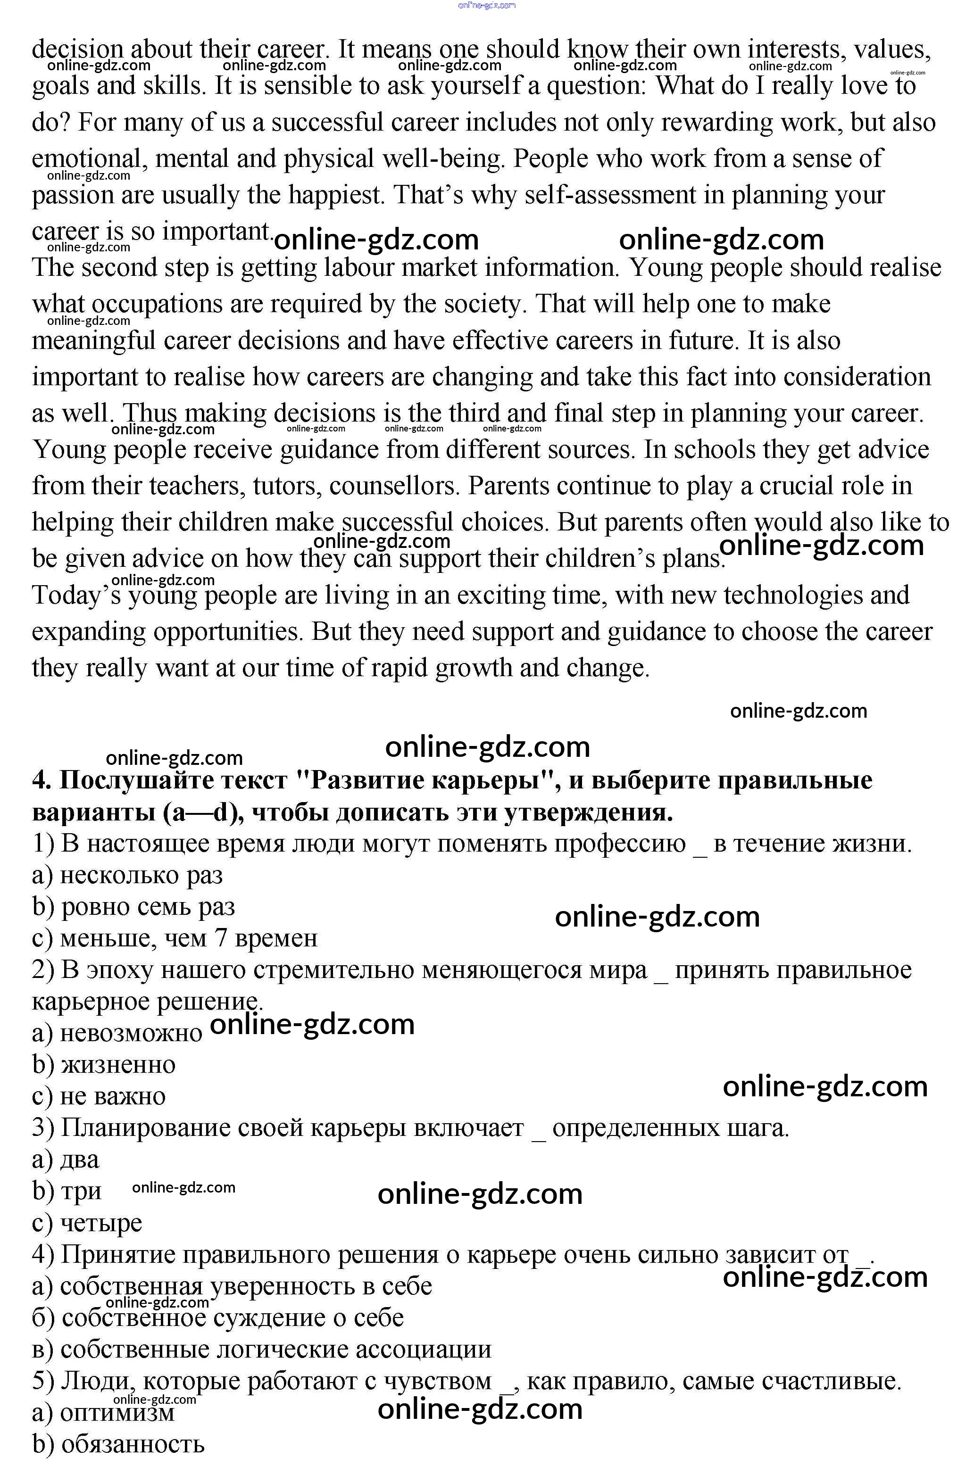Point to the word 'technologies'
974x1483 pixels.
(x=792, y=595)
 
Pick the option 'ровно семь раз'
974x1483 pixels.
(x=148, y=907)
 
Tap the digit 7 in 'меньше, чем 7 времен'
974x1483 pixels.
(x=221, y=938)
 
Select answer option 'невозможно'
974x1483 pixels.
(x=131, y=1033)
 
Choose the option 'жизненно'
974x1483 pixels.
(x=118, y=1064)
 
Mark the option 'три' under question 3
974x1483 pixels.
(x=81, y=1191)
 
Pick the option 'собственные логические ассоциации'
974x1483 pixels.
(x=275, y=1349)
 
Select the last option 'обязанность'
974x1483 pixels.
(x=133, y=1444)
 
